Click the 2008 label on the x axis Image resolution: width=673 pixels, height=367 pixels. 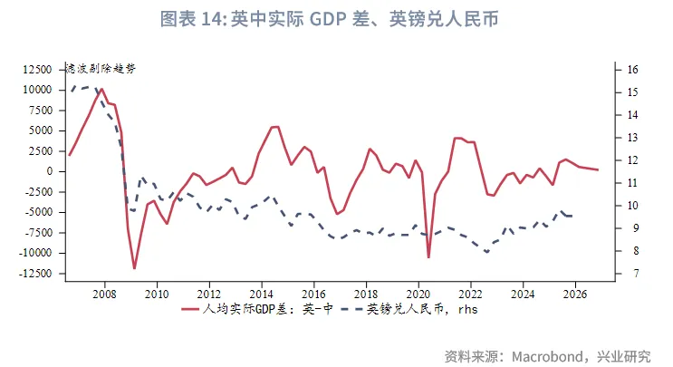pyautogui.click(x=104, y=294)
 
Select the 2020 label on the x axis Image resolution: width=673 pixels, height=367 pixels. pyautogui.click(x=418, y=294)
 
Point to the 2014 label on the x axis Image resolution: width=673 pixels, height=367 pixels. pyautogui.click(x=261, y=294)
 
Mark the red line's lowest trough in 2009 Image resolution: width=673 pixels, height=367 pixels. pyautogui.click(x=134, y=268)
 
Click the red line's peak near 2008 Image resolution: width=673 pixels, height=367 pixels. pyautogui.click(x=101, y=89)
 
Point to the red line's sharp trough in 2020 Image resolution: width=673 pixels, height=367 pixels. pyautogui.click(x=428, y=257)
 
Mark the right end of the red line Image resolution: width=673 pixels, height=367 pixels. pyautogui.click(x=598, y=170)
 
